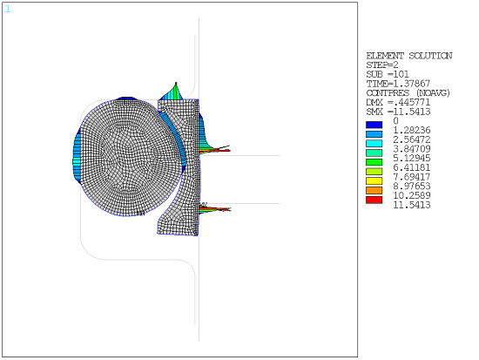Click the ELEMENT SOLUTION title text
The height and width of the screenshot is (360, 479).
click(x=409, y=56)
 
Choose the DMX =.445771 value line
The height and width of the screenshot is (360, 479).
click(x=398, y=102)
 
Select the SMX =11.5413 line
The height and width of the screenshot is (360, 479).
click(x=398, y=112)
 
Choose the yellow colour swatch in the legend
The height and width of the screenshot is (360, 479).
click(x=374, y=181)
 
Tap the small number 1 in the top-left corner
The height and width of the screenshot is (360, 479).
click(x=8, y=9)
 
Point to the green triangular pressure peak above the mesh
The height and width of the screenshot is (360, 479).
click(x=175, y=91)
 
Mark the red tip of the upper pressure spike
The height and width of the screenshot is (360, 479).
click(x=227, y=151)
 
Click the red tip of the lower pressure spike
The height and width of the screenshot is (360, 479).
click(x=226, y=209)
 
